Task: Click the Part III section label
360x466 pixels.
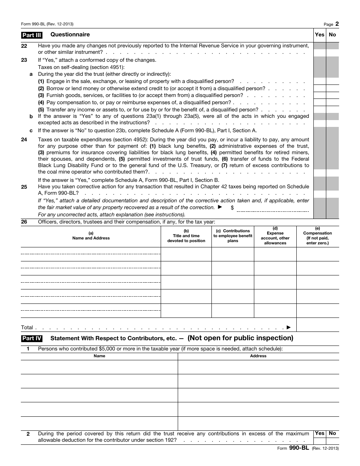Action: (31, 35)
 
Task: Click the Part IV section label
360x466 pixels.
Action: (32, 338)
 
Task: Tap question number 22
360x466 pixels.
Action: (24, 46)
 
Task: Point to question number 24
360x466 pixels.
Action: (24, 140)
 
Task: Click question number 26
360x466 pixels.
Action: (24, 222)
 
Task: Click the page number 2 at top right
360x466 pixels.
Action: (337, 24)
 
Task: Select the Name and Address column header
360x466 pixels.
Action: (91, 236)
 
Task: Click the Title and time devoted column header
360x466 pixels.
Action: (186, 236)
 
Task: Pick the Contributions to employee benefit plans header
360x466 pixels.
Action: (233, 236)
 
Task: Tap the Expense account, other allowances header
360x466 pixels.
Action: (275, 236)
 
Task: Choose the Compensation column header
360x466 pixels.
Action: (318, 236)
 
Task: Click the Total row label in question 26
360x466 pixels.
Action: (27, 328)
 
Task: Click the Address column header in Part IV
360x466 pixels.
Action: (258, 356)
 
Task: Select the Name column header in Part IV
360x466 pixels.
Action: (99, 356)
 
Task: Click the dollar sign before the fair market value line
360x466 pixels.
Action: (232, 208)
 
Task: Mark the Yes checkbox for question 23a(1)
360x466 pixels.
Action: (319, 81)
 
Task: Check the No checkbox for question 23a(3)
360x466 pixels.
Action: (332, 95)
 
